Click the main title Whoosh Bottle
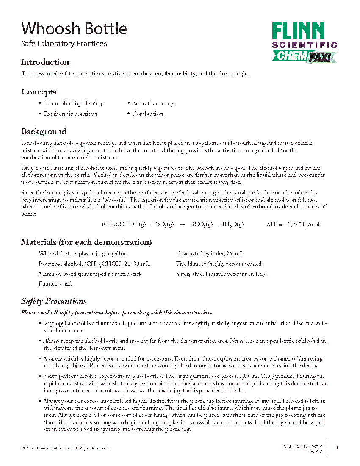pyautogui.click(x=74, y=28)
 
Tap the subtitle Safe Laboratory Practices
pyautogui.click(x=64, y=44)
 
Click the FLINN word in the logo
pyautogui.click(x=298, y=32)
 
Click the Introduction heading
pyautogui.click(x=45, y=62)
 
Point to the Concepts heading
pyautogui.click(x=39, y=92)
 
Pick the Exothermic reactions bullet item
pyautogui.click(x=70, y=114)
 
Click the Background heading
pyautogui.click(x=44, y=131)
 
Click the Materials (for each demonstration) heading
pyautogui.click(x=86, y=242)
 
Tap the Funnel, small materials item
pyautogui.click(x=55, y=284)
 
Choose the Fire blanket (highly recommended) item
pyautogui.click(x=220, y=264)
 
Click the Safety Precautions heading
pyautogui.click(x=54, y=301)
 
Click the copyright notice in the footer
pyautogui.click(x=65, y=448)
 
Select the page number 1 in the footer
pyautogui.click(x=337, y=448)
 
